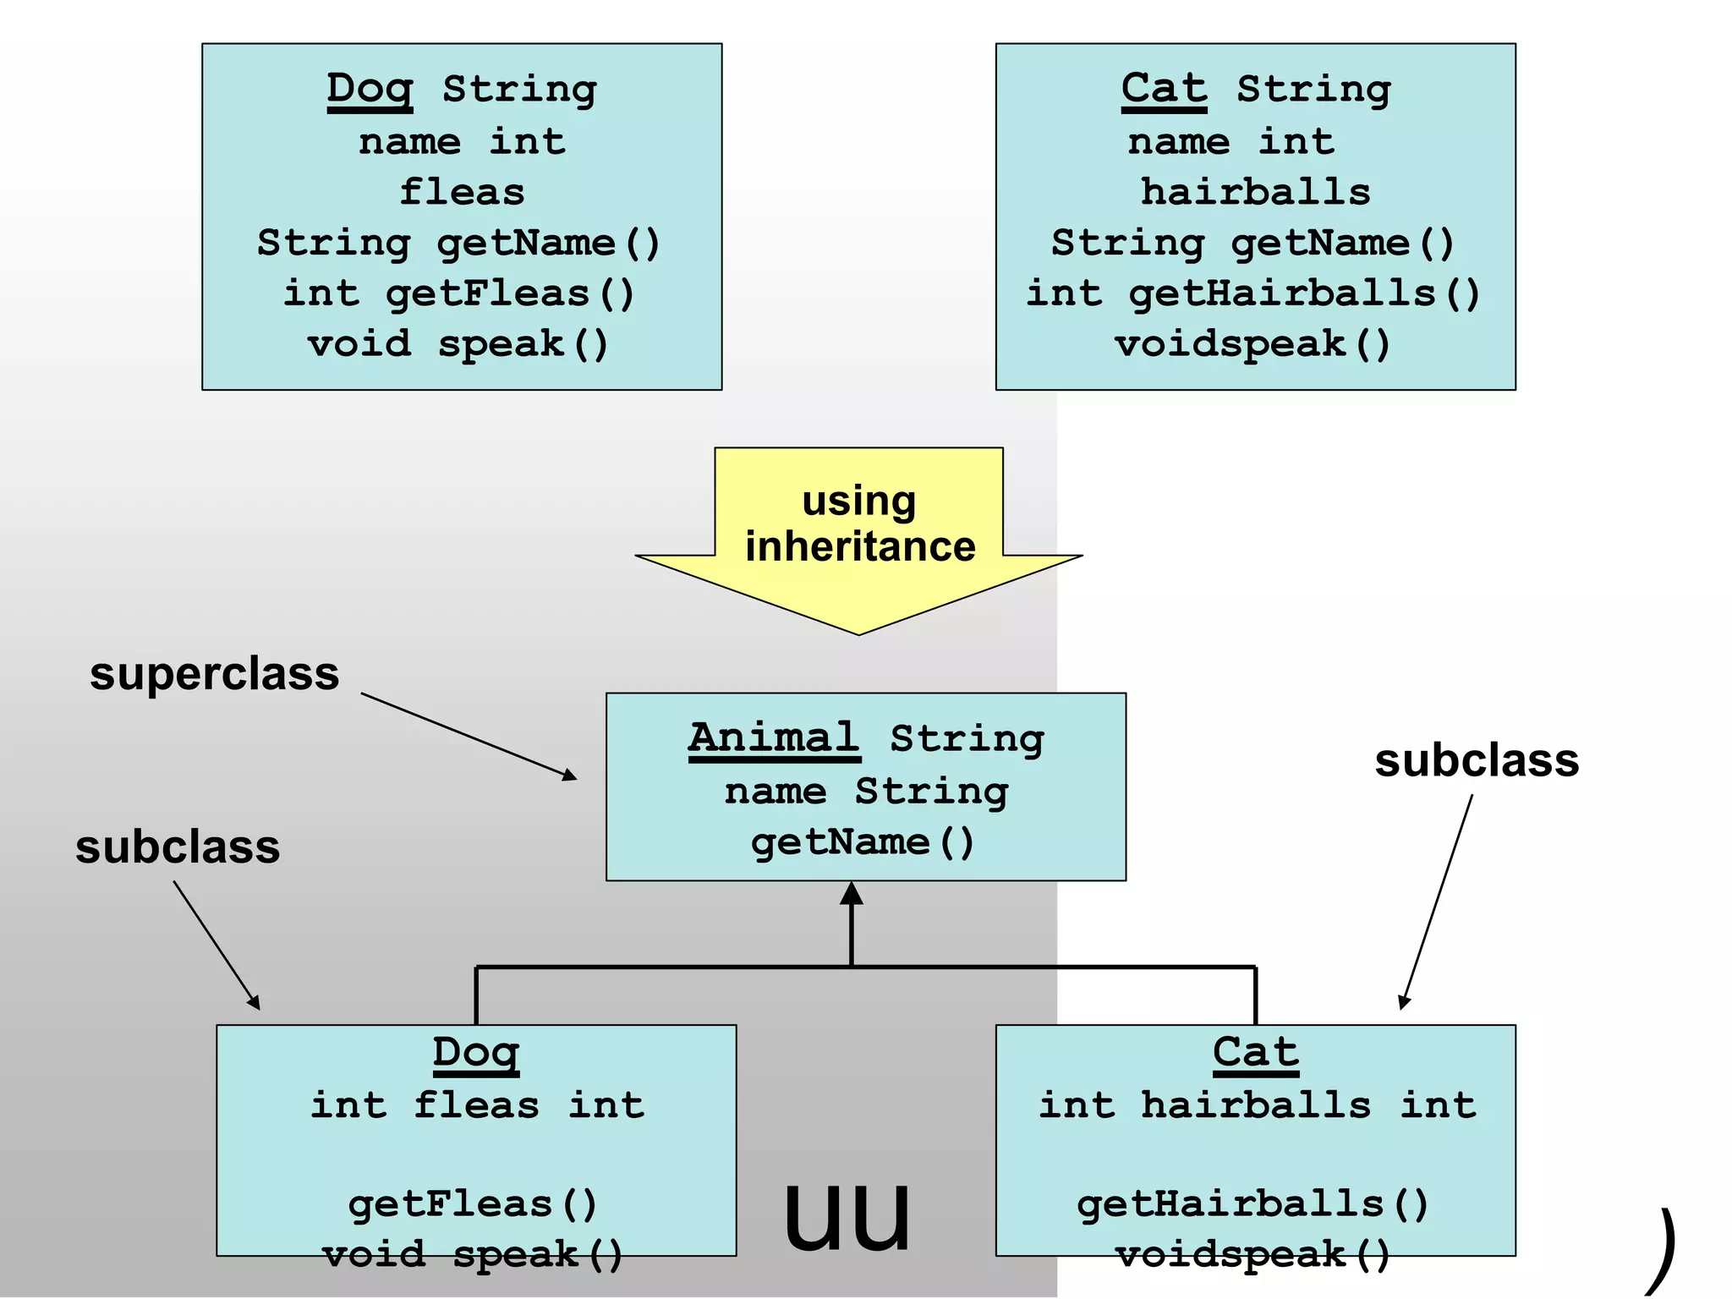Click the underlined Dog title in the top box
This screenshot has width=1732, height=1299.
click(370, 90)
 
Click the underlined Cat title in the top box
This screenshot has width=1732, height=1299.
click(1164, 90)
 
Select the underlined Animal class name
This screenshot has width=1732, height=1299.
click(774, 739)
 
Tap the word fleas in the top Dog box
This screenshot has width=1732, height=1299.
click(462, 193)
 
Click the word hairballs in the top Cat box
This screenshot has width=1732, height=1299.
click(1255, 193)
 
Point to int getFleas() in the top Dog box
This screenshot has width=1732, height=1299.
click(459, 294)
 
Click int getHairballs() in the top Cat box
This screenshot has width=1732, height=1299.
click(1253, 294)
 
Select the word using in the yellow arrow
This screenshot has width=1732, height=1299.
click(858, 502)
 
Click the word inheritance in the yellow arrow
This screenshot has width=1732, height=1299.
click(860, 547)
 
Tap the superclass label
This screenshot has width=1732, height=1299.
click(215, 675)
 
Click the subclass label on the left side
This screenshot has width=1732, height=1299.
click(178, 847)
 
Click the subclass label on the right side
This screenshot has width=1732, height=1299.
click(1477, 760)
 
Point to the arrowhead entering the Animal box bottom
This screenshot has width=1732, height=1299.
click(852, 895)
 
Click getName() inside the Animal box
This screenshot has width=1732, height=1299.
click(863, 843)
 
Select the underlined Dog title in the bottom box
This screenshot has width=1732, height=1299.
click(475, 1054)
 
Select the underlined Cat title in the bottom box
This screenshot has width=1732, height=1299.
click(1255, 1054)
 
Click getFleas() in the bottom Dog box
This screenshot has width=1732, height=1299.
click(473, 1204)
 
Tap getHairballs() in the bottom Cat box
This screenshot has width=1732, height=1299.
click(1252, 1204)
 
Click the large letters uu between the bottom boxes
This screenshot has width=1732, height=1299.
click(847, 1214)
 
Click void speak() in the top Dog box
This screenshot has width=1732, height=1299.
click(458, 345)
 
